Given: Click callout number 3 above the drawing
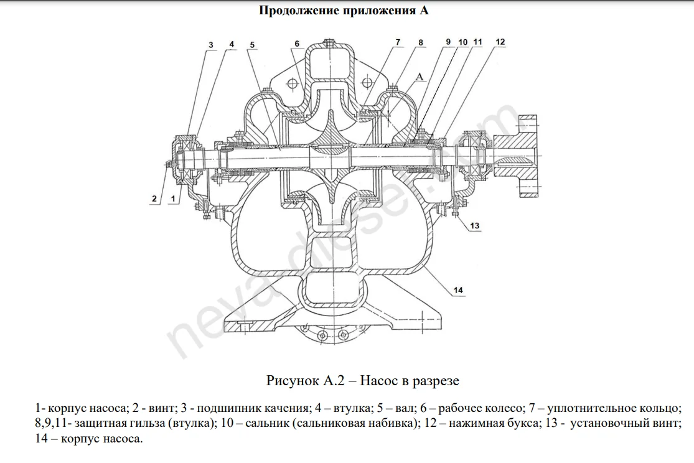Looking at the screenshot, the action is pyautogui.click(x=210, y=45).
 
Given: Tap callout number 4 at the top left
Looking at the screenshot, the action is pyautogui.click(x=232, y=44).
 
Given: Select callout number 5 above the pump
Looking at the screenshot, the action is pyautogui.click(x=252, y=45).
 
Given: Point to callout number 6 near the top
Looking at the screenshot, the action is pyautogui.click(x=297, y=44).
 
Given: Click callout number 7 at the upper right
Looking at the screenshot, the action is pyautogui.click(x=398, y=42).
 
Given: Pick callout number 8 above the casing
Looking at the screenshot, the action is pyautogui.click(x=421, y=42).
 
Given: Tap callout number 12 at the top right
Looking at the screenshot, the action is pyautogui.click(x=500, y=42).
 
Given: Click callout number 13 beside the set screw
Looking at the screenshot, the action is pyautogui.click(x=474, y=226).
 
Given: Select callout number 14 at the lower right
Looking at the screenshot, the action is pyautogui.click(x=458, y=290).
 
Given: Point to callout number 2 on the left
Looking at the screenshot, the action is pyautogui.click(x=154, y=199).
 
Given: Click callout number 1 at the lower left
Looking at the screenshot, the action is pyautogui.click(x=173, y=199).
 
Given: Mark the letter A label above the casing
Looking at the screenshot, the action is pyautogui.click(x=420, y=77).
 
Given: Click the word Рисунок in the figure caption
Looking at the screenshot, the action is pyautogui.click(x=292, y=380).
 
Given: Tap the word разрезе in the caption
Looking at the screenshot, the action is pyautogui.click(x=434, y=381).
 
